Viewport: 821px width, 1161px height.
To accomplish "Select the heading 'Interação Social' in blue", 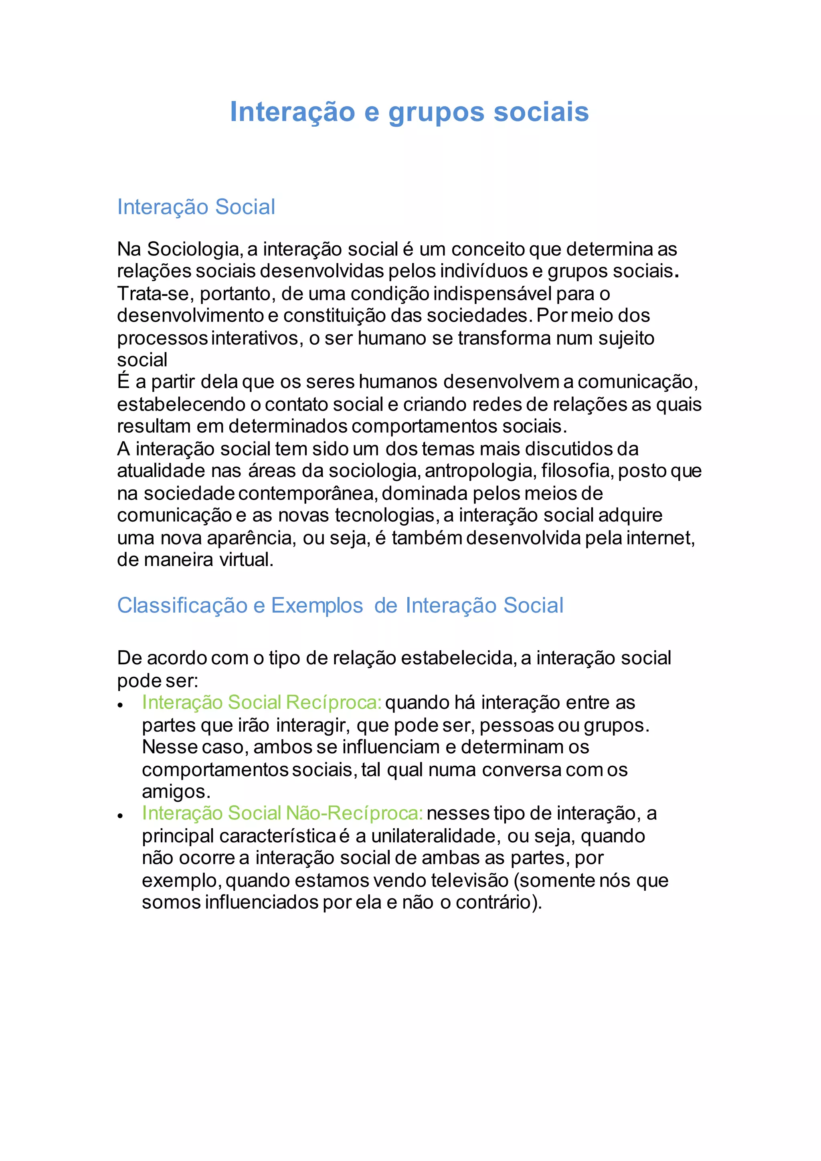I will (196, 207).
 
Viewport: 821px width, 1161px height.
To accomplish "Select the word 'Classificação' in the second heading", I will (182, 605).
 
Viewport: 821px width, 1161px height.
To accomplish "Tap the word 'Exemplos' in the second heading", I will (317, 605).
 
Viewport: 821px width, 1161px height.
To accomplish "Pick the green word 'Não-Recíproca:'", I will (354, 813).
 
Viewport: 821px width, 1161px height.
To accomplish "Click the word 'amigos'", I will (176, 791).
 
